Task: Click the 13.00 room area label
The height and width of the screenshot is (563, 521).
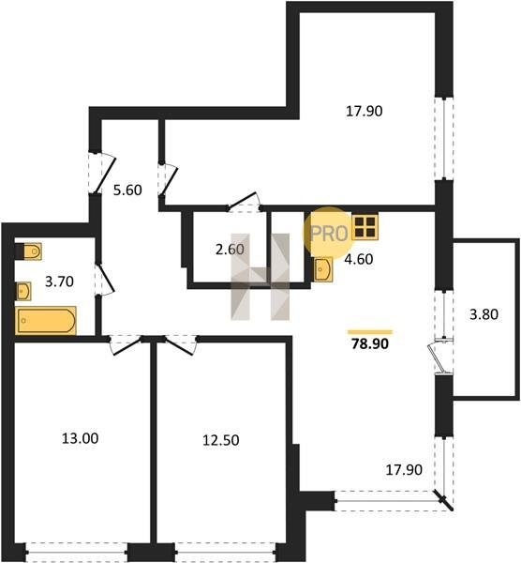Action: pyautogui.click(x=80, y=438)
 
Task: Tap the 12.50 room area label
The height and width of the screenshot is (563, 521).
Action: pyautogui.click(x=221, y=440)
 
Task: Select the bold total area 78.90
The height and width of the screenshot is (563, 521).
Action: pyautogui.click(x=370, y=344)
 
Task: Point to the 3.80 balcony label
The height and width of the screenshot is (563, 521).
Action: pyautogui.click(x=484, y=314)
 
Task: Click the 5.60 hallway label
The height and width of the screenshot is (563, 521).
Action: pyautogui.click(x=127, y=190)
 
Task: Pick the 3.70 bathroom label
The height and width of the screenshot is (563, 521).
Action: pyautogui.click(x=60, y=281)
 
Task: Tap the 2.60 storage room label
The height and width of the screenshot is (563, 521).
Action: pyautogui.click(x=230, y=250)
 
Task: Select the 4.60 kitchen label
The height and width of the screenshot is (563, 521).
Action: pyautogui.click(x=359, y=259)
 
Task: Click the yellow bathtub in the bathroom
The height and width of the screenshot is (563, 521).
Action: pyautogui.click(x=46, y=320)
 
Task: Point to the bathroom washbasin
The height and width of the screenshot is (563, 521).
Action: pyautogui.click(x=23, y=291)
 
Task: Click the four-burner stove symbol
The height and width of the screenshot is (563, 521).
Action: pyautogui.click(x=365, y=228)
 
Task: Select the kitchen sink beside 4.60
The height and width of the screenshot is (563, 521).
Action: pyautogui.click(x=322, y=269)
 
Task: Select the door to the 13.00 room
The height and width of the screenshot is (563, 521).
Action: pyautogui.click(x=125, y=345)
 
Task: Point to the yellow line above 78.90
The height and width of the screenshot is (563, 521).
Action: pyautogui.click(x=370, y=332)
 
